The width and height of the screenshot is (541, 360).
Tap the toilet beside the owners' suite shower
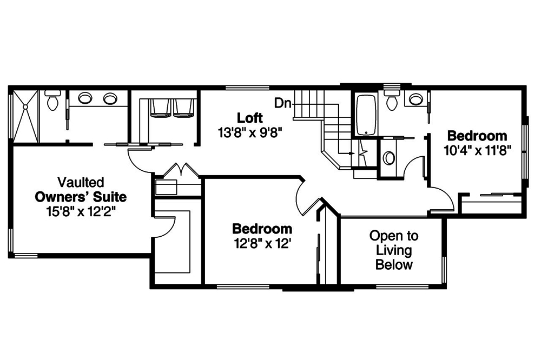(x=53, y=101)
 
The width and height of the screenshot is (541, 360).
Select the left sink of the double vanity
(x=85, y=98)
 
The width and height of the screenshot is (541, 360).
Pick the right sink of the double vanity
(x=110, y=98)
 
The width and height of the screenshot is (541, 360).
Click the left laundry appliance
(x=160, y=108)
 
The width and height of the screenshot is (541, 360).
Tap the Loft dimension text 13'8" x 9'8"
(x=250, y=131)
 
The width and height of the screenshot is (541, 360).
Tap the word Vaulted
(x=81, y=182)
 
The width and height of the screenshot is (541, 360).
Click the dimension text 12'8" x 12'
(x=262, y=243)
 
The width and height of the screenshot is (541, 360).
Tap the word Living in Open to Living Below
(x=394, y=250)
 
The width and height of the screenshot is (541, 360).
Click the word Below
(x=394, y=265)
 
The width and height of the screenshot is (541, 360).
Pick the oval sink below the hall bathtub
(x=388, y=158)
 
